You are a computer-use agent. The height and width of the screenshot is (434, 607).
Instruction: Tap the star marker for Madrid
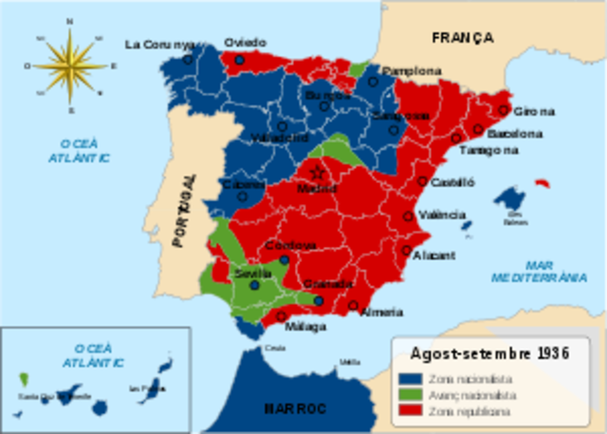(318, 173)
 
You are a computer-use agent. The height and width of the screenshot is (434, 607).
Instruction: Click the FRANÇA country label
(462, 38)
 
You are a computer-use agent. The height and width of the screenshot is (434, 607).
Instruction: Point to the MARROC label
(294, 407)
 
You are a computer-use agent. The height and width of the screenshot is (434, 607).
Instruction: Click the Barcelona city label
(515, 134)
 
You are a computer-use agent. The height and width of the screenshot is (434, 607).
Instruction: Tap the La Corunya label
(159, 44)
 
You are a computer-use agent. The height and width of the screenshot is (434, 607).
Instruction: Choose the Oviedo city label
(245, 43)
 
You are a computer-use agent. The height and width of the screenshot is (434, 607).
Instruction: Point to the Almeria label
(382, 311)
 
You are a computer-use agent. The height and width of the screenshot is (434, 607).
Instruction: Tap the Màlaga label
(305, 326)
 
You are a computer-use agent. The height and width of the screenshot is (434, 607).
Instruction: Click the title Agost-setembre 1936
(488, 352)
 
